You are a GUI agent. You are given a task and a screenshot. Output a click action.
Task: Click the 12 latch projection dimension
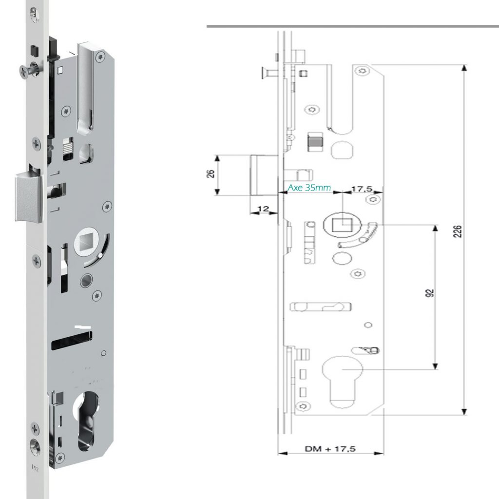263,209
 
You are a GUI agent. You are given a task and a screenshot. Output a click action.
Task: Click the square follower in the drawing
343,225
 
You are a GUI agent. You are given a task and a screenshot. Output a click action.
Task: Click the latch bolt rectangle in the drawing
264,174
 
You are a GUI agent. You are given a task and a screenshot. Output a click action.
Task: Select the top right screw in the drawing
362,71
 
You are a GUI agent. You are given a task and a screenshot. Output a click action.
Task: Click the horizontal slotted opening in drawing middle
321,307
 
